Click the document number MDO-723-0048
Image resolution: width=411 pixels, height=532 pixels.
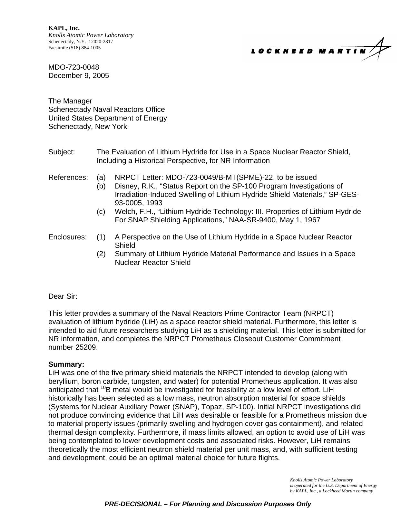(74, 67)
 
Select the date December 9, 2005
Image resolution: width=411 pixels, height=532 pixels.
(79, 76)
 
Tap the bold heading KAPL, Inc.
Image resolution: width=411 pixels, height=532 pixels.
(64, 28)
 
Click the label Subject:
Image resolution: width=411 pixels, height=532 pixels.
(62, 152)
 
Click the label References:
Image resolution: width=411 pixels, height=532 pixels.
(68, 178)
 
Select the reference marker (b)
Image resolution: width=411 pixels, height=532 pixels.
(101, 186)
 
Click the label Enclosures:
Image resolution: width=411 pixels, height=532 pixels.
(67, 237)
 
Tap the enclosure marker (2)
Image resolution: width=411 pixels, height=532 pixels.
(101, 254)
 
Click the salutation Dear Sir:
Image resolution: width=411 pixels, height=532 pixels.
(63, 296)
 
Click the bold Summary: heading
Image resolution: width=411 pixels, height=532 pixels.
(66, 364)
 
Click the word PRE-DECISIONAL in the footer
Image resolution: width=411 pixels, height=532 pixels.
(133, 504)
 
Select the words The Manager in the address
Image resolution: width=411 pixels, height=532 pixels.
(70, 101)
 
